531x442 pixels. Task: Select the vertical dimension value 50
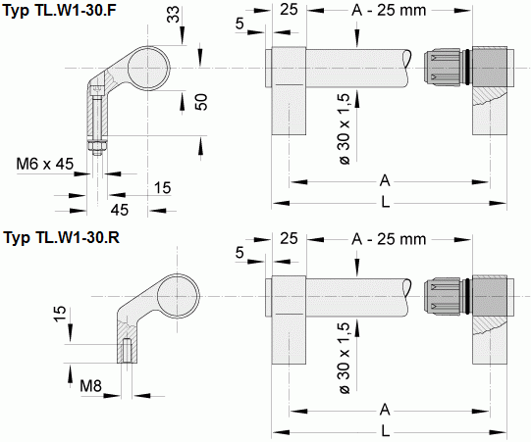tap(201, 103)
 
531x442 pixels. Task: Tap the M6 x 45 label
tap(44, 164)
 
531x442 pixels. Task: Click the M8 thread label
tap(92, 383)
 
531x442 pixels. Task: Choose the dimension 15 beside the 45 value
tap(162, 186)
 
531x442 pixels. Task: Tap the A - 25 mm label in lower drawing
tap(387, 239)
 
